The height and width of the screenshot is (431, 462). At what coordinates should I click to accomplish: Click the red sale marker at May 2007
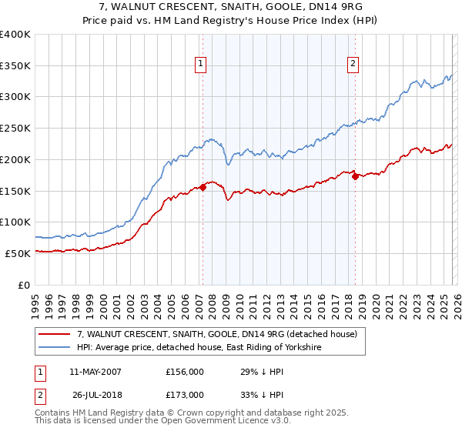[x=203, y=187]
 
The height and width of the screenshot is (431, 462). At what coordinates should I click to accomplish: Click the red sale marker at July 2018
[x=355, y=176]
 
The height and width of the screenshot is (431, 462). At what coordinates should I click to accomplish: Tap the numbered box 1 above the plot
[x=200, y=64]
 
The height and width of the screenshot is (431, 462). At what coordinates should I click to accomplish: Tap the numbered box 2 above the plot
[x=353, y=64]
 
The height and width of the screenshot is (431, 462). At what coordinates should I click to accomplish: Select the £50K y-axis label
[x=18, y=253]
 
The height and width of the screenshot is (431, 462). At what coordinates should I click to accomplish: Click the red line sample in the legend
[x=55, y=335]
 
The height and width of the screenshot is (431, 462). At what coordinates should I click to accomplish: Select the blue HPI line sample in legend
[x=55, y=348]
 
